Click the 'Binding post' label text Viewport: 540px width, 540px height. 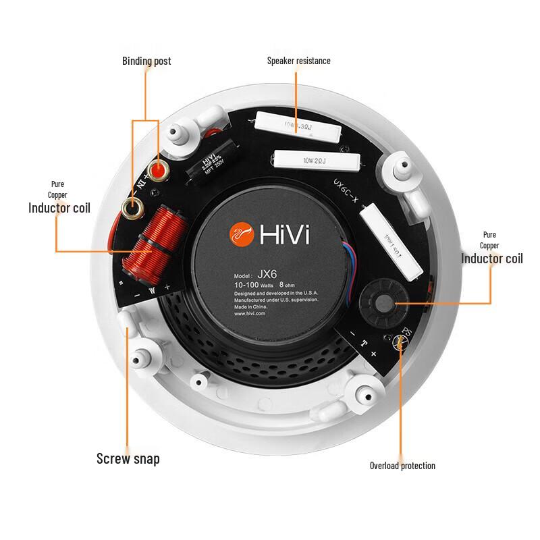[146, 61]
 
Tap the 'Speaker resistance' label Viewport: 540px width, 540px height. [298, 61]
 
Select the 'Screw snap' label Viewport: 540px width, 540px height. [128, 459]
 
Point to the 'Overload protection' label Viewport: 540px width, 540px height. [402, 466]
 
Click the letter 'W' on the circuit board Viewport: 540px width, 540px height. [152, 290]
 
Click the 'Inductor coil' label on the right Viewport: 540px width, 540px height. [491, 259]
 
